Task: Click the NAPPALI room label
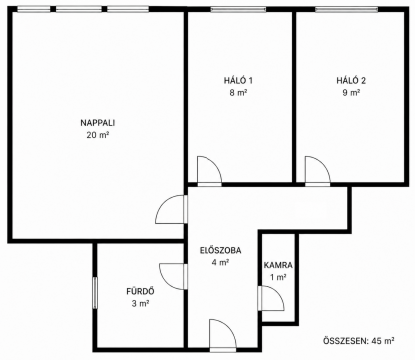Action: (98, 123)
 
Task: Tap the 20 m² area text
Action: (98, 135)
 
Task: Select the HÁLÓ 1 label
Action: (238, 80)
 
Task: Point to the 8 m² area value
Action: (238, 93)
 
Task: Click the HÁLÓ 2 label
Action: (351, 80)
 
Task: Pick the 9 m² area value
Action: (351, 93)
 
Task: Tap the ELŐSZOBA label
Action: (220, 250)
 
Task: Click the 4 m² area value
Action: (220, 262)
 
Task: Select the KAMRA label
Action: (278, 265)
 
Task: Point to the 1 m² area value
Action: (278, 277)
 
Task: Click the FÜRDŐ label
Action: (140, 292)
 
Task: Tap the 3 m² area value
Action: (140, 303)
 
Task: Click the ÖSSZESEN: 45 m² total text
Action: (359, 341)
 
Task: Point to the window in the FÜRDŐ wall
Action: (95, 293)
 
